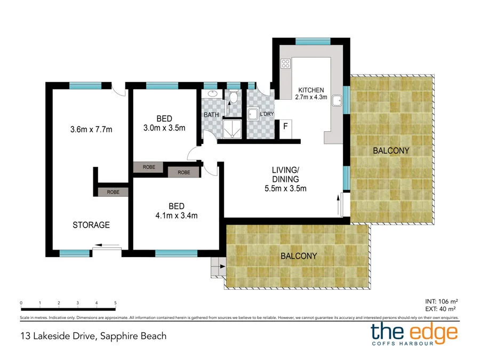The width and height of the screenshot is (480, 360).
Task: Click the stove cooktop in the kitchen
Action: point(285,63)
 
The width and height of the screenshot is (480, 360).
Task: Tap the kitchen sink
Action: point(337,100)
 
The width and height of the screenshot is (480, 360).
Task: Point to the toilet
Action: point(234,97)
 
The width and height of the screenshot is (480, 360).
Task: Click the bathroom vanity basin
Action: point(212,93)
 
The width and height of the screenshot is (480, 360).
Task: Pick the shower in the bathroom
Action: point(233,129)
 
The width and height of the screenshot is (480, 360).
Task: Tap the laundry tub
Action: point(253,114)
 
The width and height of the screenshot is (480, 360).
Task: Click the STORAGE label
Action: point(91,225)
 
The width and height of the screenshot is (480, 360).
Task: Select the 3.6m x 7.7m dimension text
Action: point(91,130)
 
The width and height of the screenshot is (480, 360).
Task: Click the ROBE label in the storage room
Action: point(113,192)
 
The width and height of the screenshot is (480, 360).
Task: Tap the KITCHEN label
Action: point(311,90)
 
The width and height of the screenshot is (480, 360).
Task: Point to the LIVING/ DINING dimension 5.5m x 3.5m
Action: point(285,189)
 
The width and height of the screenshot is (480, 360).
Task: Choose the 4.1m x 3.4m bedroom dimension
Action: point(177,215)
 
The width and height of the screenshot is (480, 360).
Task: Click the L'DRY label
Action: point(267,114)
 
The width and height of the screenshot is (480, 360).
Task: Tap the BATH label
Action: point(212,115)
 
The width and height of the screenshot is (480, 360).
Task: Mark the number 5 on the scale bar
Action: point(115,303)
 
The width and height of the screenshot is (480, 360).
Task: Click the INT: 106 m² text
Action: point(442,301)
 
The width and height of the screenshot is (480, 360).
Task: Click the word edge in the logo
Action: point(434,333)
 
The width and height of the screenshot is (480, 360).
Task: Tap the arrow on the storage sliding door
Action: point(107,245)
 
